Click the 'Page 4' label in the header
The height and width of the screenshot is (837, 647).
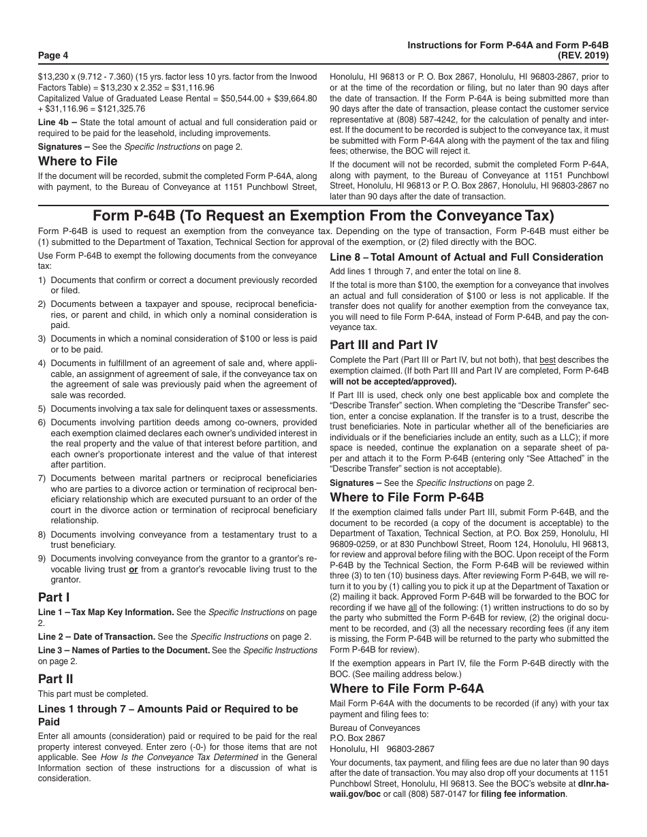tap(53, 55)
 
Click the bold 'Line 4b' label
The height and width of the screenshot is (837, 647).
tap(54, 122)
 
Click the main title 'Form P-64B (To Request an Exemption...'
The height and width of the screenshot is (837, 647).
tap(323, 216)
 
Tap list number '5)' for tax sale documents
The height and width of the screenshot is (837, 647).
tap(42, 408)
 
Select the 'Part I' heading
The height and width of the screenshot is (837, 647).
tap(54, 597)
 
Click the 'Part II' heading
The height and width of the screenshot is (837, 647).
tap(56, 678)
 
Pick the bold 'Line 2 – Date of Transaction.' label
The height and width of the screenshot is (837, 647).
tap(96, 637)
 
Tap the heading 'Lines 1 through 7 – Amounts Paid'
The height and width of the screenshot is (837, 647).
tap(168, 709)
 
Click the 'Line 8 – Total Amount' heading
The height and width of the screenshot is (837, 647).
tap(466, 257)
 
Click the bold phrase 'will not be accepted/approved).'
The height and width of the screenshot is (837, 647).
tap(393, 381)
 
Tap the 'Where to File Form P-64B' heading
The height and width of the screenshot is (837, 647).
tap(407, 496)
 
